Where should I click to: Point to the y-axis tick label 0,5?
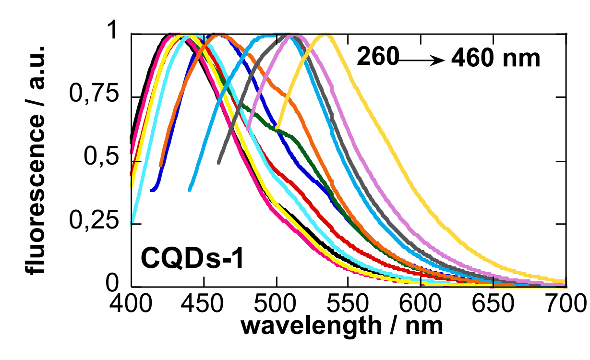pyautogui.click(x=101, y=161)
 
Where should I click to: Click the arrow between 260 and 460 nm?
pyautogui.click(x=422, y=60)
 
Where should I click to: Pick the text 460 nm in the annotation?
pyautogui.click(x=496, y=59)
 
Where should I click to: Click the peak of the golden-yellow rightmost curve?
pyautogui.click(x=326, y=35)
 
